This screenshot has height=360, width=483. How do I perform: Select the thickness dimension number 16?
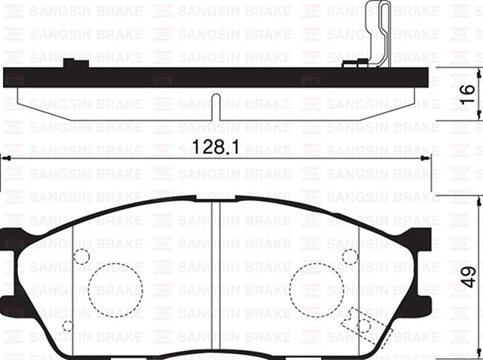point(468,93)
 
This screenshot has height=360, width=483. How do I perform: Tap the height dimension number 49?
point(468,278)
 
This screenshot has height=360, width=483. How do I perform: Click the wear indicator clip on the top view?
point(379,34)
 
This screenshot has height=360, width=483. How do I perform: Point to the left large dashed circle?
point(115,289)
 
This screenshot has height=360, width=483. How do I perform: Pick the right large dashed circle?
point(316,289)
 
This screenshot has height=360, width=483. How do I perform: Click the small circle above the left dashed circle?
point(82,256)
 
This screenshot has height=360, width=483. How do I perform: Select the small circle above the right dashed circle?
point(349,256)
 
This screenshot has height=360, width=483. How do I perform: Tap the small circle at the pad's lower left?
point(67,326)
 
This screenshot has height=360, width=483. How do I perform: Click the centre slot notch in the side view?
point(216,105)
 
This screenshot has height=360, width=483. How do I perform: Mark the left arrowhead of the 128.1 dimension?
point(4,158)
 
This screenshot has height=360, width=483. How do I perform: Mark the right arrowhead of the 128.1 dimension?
point(427,158)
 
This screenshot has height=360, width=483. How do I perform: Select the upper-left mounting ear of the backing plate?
point(13,234)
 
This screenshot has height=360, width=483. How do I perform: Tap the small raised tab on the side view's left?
point(72,63)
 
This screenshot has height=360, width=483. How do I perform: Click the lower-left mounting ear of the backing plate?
point(13,305)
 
